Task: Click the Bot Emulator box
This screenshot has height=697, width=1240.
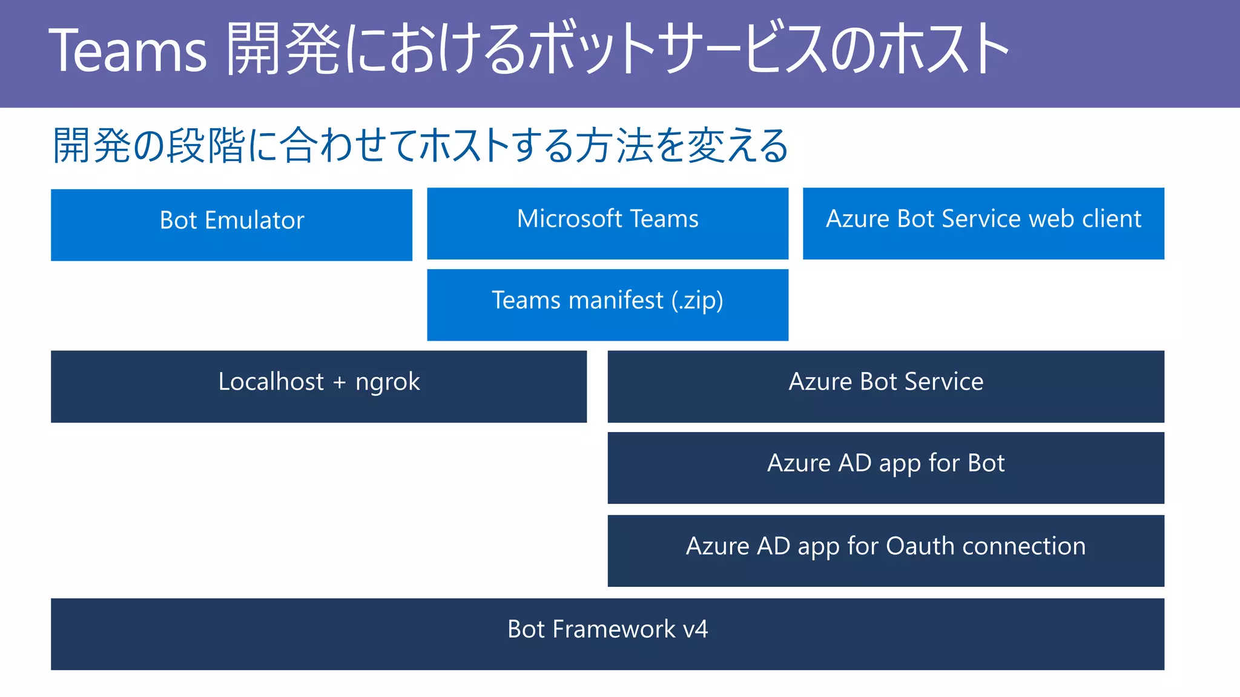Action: (x=231, y=225)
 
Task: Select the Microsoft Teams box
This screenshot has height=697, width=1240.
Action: (x=607, y=224)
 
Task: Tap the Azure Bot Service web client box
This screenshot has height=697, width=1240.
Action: (x=983, y=224)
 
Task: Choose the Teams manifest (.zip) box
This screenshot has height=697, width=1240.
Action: (x=607, y=305)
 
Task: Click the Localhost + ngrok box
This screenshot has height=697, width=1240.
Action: (x=318, y=387)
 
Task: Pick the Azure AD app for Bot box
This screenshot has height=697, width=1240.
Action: (x=886, y=468)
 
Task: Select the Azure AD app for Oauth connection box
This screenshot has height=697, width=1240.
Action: (x=886, y=551)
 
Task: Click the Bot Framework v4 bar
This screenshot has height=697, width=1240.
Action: (x=607, y=634)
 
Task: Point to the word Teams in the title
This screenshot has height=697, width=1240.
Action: (x=127, y=51)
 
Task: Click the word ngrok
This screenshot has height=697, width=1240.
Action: (x=387, y=383)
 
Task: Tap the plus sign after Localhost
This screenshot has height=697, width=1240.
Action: (x=339, y=383)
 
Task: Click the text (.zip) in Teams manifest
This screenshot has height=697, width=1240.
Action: (x=697, y=301)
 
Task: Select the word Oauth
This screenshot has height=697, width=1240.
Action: (x=920, y=546)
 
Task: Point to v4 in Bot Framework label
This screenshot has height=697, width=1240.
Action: (x=696, y=630)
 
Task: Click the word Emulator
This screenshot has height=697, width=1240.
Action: (x=254, y=220)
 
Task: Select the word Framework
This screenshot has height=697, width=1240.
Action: (x=614, y=630)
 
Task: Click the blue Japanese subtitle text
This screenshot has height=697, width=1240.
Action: (x=420, y=146)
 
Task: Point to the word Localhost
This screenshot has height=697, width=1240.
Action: (x=271, y=382)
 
